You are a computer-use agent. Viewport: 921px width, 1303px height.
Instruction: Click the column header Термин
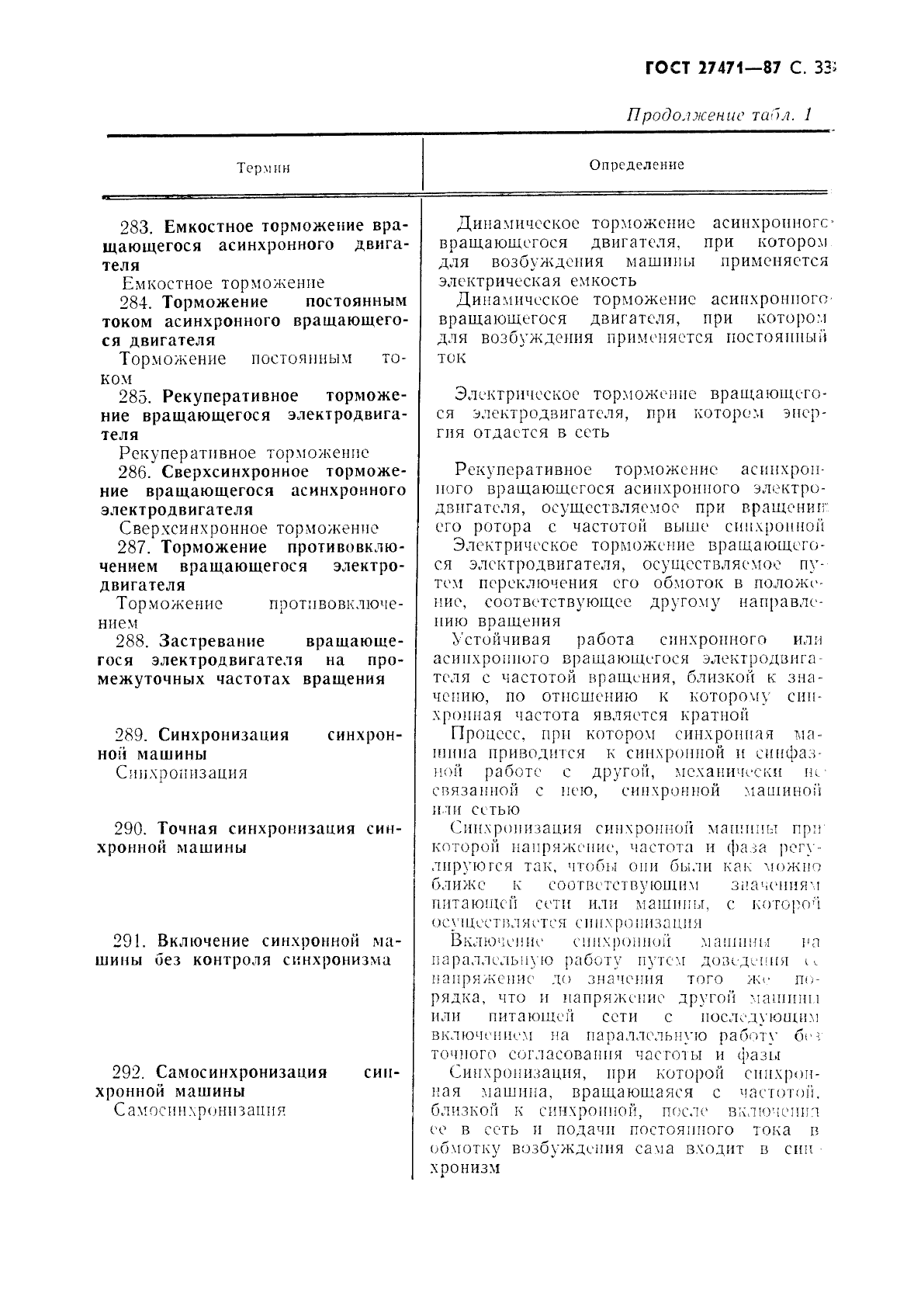tap(264, 168)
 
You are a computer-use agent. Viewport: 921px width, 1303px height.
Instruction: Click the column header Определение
tap(636, 165)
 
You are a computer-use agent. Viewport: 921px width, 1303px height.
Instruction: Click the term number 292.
tap(132, 1073)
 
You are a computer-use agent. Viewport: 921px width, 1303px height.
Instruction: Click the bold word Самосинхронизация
tap(241, 1073)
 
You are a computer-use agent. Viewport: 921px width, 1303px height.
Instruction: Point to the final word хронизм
tap(464, 1167)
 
